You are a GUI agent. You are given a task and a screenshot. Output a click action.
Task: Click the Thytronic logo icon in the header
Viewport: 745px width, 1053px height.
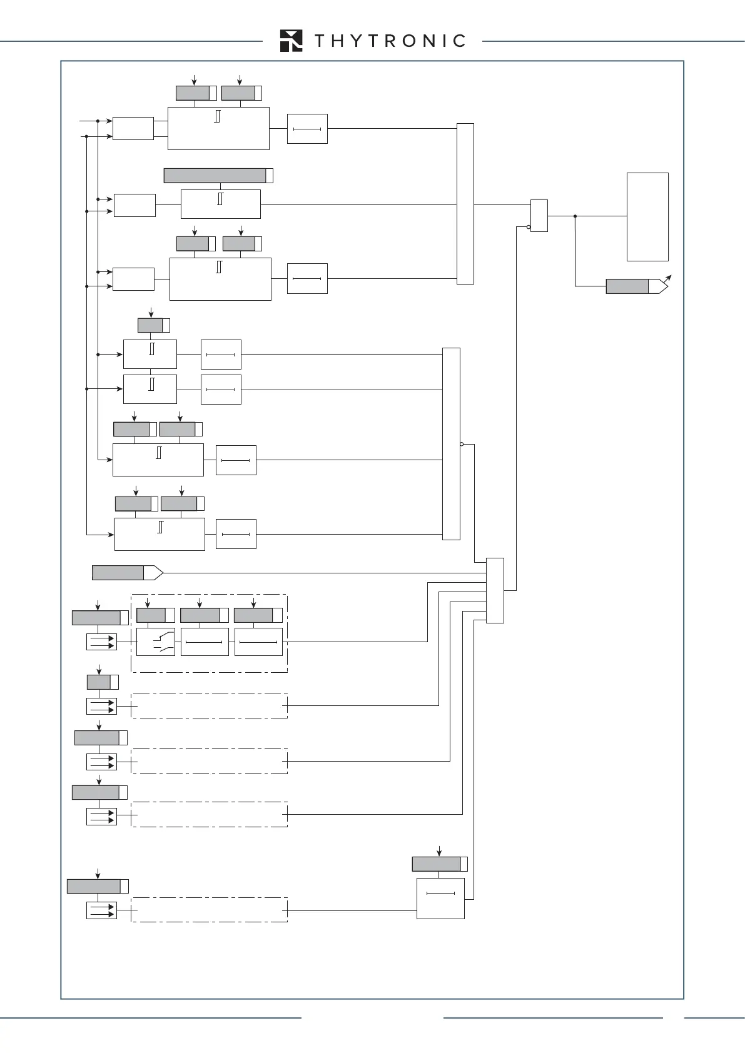(291, 41)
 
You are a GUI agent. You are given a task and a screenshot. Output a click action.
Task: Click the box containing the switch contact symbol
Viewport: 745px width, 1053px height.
(156, 642)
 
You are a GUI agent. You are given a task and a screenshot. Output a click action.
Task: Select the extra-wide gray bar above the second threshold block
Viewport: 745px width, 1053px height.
(215, 176)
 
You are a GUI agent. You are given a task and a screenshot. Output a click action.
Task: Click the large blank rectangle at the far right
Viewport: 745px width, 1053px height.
(647, 216)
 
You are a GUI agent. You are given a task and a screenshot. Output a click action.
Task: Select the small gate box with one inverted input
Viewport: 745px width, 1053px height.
(539, 216)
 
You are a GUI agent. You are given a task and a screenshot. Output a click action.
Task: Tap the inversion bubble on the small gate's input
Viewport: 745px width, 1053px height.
(529, 228)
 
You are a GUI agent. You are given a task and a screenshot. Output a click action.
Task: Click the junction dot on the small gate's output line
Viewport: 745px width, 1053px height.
(575, 216)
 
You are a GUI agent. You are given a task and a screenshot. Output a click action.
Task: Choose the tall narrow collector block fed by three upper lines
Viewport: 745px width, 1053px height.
(465, 204)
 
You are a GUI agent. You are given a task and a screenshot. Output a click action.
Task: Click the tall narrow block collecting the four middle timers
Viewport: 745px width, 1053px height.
(451, 443)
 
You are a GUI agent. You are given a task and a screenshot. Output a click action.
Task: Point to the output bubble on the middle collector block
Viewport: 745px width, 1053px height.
(462, 444)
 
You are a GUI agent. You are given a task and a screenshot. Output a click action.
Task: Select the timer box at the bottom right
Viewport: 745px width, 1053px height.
(440, 899)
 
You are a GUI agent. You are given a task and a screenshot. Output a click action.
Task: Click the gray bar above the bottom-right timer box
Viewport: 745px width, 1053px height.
(437, 864)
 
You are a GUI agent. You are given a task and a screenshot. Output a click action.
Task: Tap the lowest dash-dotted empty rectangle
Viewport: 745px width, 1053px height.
(209, 910)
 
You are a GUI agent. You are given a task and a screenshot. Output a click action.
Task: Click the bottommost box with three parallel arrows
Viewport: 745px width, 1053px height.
(101, 910)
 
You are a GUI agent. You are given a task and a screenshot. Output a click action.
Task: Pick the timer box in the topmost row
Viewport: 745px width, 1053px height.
(307, 129)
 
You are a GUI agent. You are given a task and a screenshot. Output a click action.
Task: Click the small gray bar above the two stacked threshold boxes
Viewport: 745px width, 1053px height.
(150, 325)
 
